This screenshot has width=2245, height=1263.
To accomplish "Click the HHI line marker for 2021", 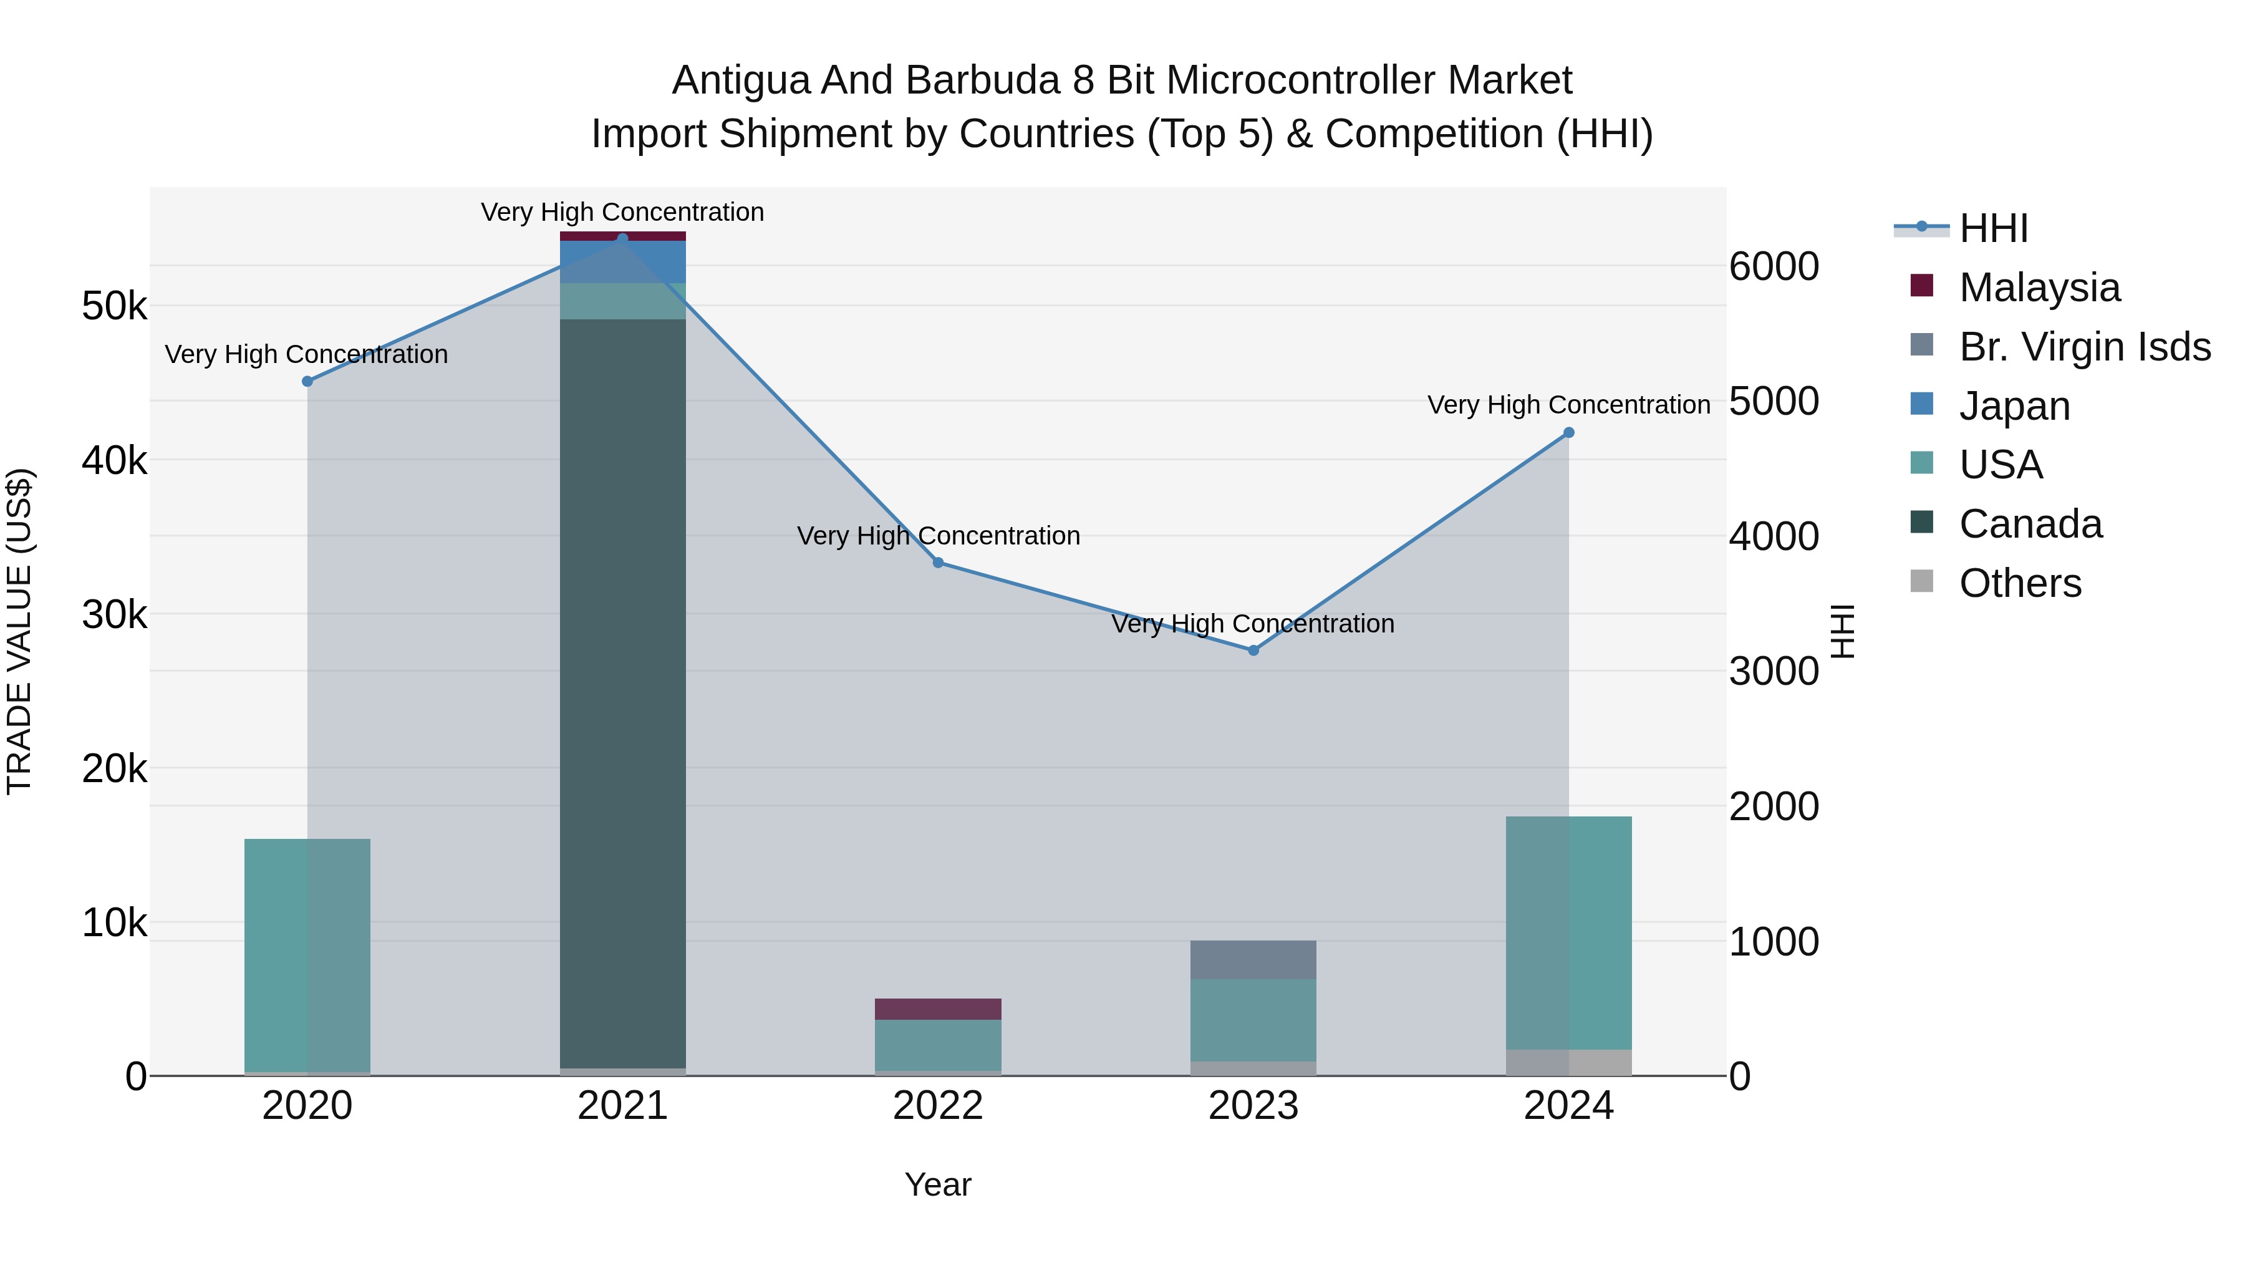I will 622,238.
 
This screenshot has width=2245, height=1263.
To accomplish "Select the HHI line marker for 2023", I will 1253,651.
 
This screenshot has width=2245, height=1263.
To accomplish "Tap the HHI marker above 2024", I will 1569,432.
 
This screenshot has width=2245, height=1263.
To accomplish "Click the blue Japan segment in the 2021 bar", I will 622,261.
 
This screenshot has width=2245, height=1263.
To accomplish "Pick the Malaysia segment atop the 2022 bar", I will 938,1009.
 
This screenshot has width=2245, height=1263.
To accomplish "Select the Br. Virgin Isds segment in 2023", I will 1253,960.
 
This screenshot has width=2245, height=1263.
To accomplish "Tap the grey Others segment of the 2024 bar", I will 1569,1063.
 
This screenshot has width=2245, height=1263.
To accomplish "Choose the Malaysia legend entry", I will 2039,288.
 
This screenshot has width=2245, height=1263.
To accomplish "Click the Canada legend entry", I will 2030,524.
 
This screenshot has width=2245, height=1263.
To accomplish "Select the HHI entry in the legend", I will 1994,228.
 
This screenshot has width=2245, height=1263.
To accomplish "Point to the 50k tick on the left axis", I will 114,306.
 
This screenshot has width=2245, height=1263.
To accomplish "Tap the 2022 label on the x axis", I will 938,1106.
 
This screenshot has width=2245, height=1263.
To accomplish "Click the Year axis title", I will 938,1184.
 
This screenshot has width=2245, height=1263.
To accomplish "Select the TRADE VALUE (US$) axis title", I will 19,631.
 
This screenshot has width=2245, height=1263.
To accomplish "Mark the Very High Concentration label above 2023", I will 1253,624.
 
